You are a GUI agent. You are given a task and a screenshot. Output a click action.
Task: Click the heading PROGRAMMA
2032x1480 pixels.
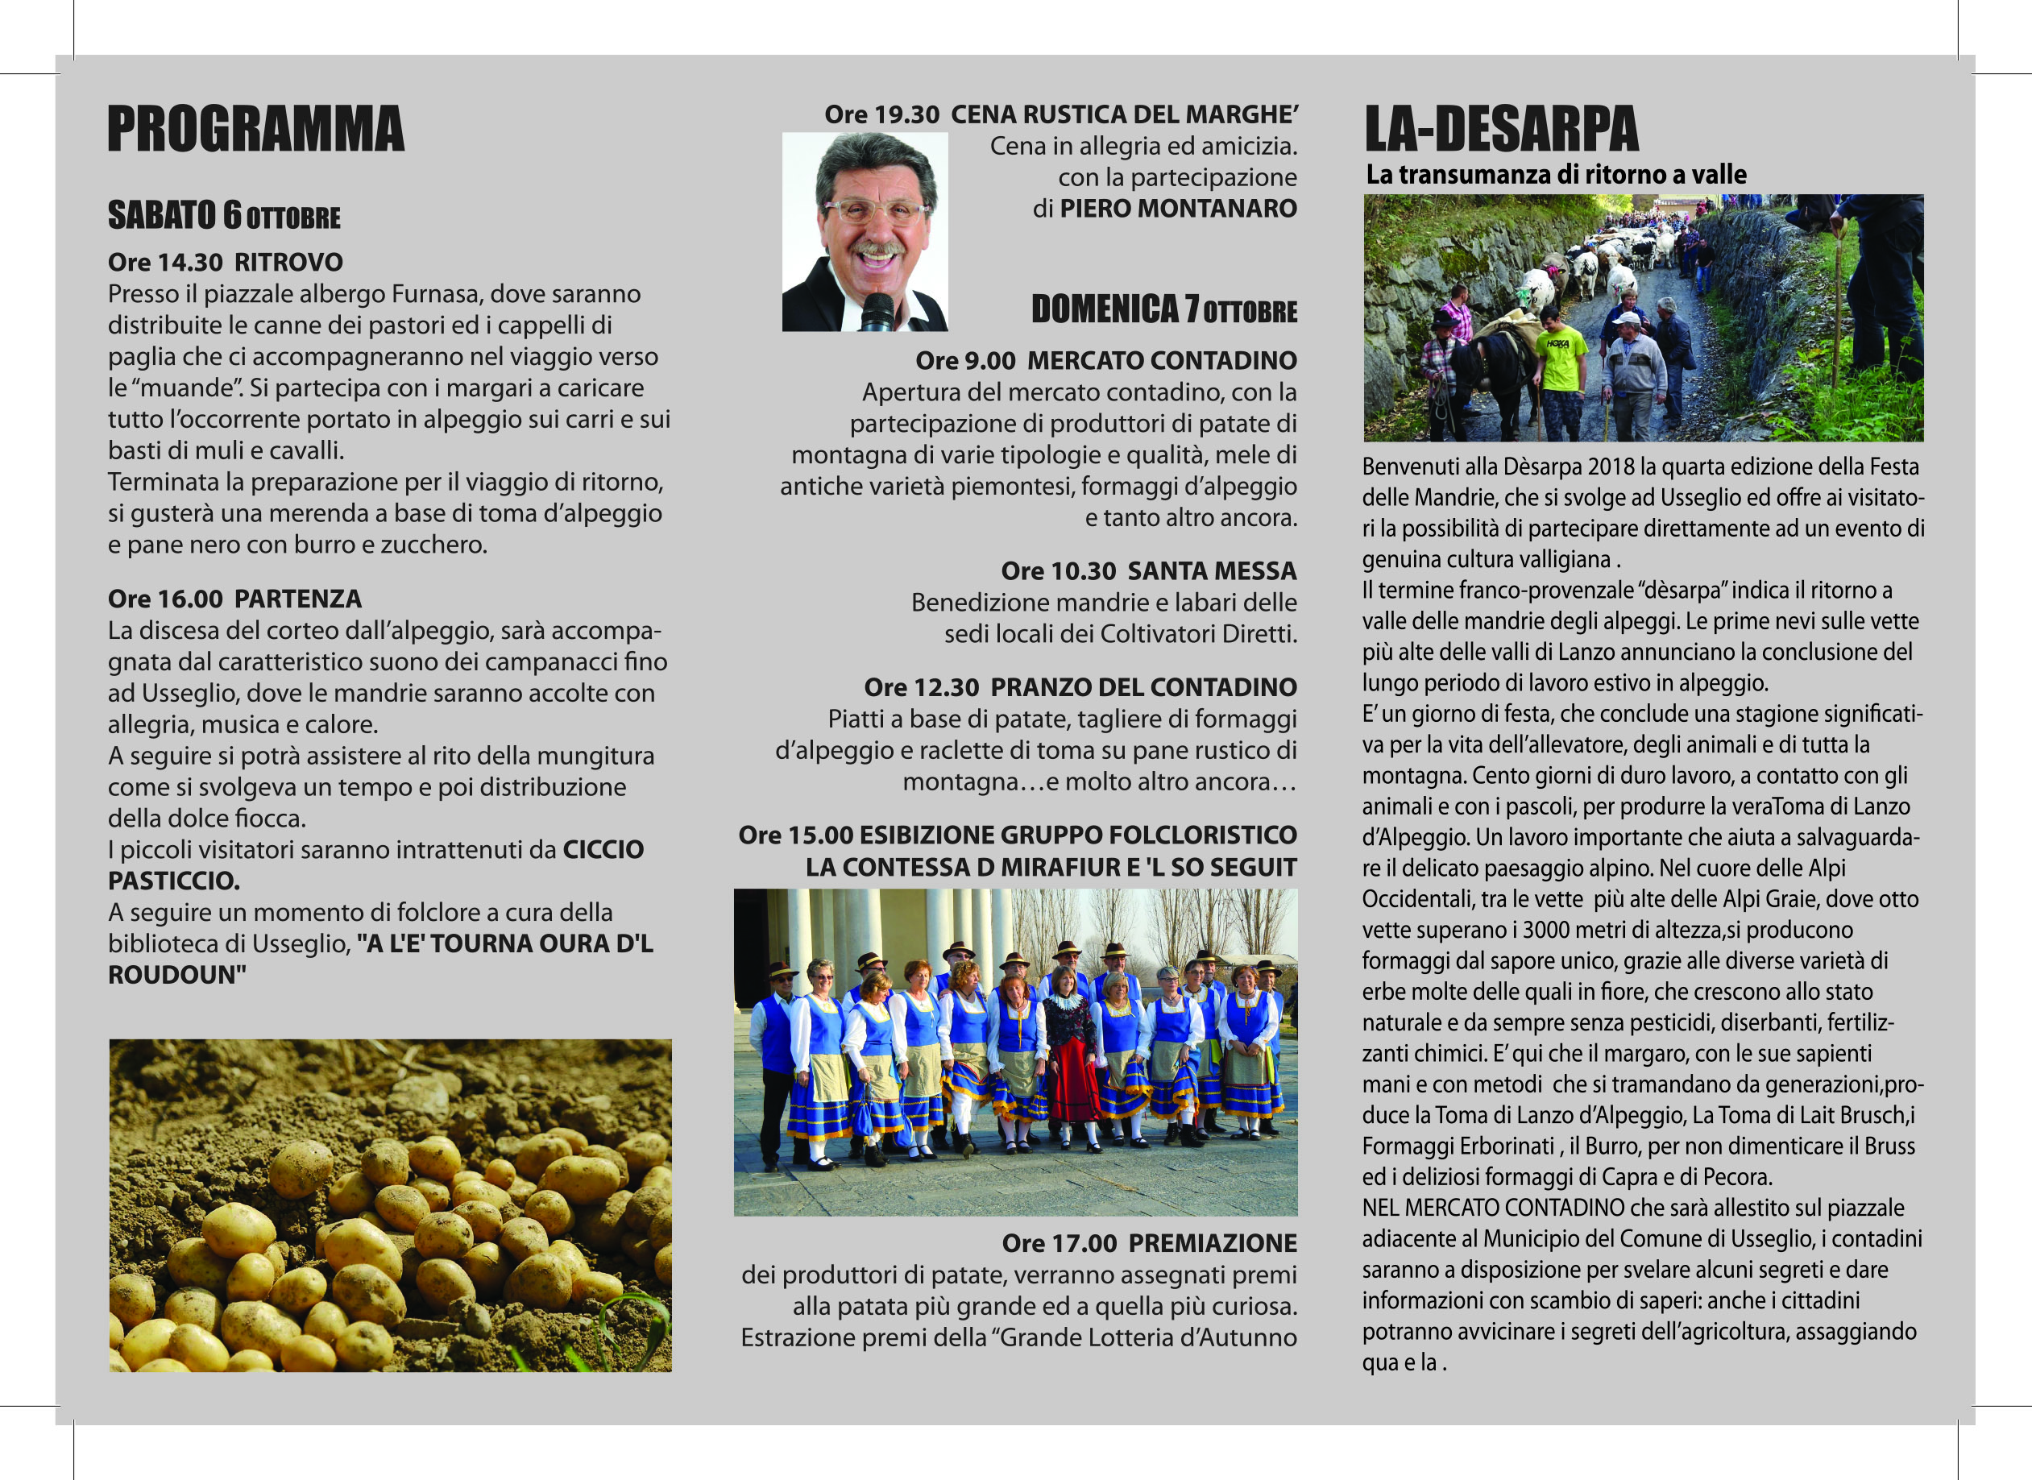pos(255,129)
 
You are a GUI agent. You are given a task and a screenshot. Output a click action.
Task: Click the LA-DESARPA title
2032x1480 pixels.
pos(1502,129)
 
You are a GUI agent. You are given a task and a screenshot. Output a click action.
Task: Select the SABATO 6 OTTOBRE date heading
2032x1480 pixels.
pos(224,216)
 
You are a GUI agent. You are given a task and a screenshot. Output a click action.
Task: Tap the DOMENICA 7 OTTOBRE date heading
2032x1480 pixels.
pos(1163,309)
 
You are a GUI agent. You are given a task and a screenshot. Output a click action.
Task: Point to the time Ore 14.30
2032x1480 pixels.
pos(165,263)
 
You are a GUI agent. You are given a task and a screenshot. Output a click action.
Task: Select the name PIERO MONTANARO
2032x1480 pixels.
pos(1178,209)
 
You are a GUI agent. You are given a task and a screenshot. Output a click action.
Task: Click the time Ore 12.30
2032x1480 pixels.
pos(921,687)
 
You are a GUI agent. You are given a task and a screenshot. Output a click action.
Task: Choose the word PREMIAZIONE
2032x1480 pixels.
pos(1213,1242)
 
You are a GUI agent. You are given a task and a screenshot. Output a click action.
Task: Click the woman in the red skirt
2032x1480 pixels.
pos(1071,1057)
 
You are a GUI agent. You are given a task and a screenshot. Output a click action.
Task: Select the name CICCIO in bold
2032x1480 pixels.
pos(603,849)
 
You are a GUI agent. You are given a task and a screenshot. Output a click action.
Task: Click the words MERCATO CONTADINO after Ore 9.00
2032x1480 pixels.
pos(1161,360)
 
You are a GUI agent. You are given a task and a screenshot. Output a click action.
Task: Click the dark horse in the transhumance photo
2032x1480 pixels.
pos(1487,367)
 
